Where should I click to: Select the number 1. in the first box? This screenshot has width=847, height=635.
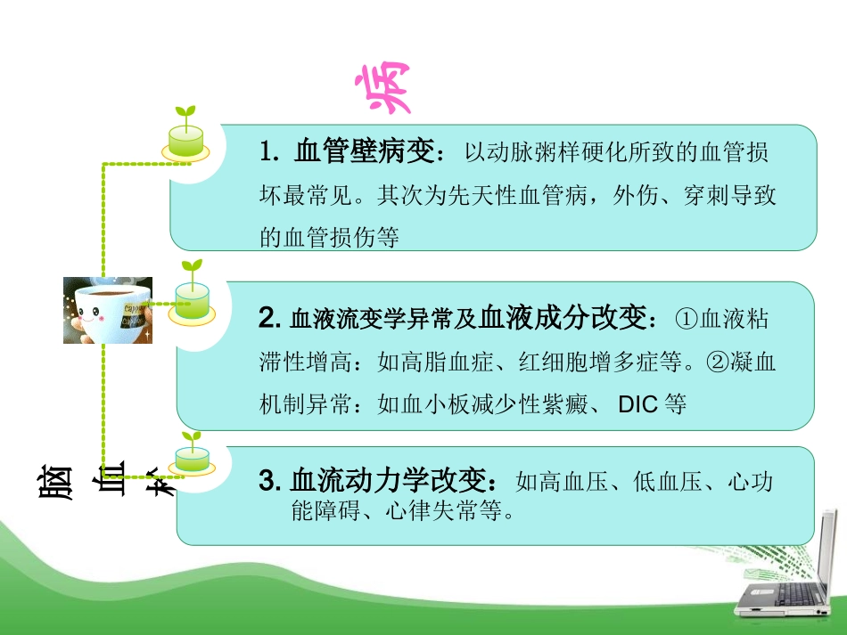pos(270,152)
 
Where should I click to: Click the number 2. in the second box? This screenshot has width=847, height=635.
pos(270,317)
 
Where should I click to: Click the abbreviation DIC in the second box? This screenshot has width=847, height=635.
pos(638,404)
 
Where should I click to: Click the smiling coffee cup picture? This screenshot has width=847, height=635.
pos(108,310)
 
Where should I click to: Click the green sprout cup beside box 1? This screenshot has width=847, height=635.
pos(185,135)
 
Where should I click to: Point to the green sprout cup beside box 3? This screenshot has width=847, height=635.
pos(192,453)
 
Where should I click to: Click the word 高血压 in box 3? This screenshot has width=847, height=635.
pos(581,483)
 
